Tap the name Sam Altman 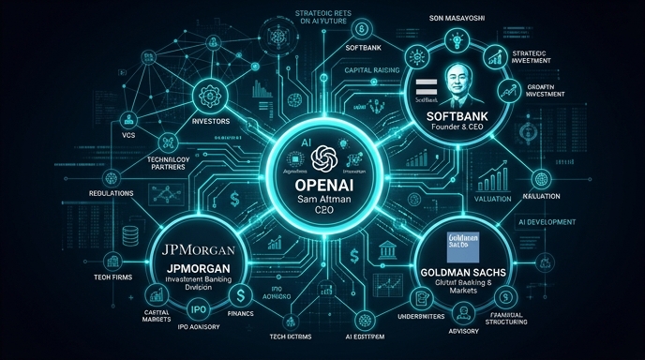pyautogui.click(x=322, y=202)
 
